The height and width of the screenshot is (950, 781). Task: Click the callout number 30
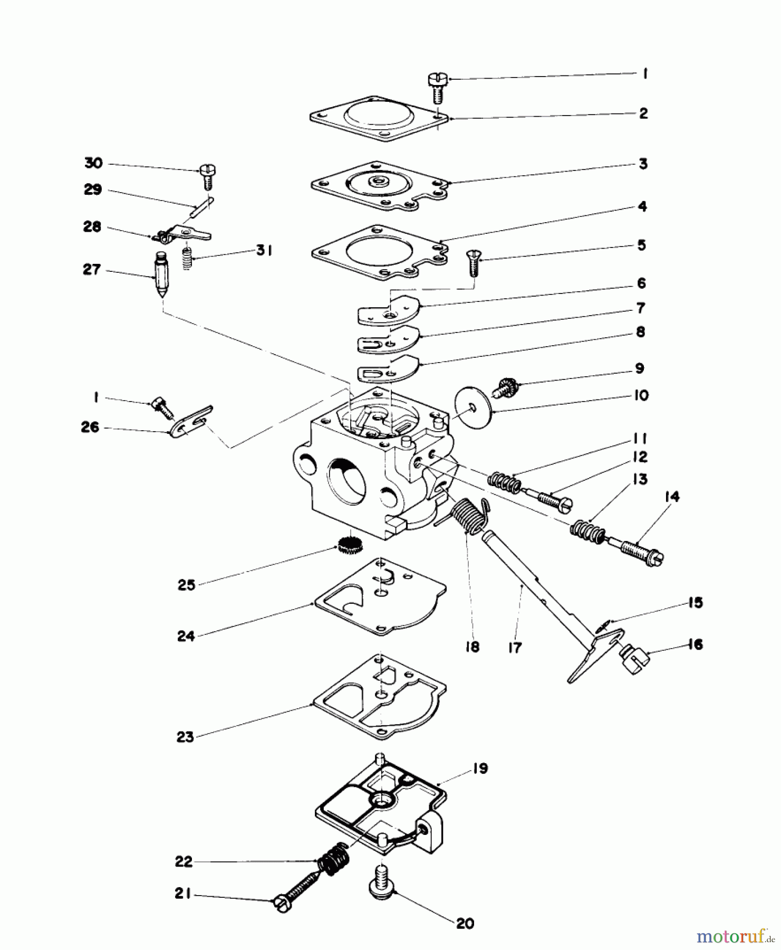point(93,164)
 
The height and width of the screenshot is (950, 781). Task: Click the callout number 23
point(185,737)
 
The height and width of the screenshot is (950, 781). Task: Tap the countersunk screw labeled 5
point(472,263)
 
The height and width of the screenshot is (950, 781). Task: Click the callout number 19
point(480,768)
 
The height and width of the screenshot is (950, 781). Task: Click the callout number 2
point(643,113)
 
